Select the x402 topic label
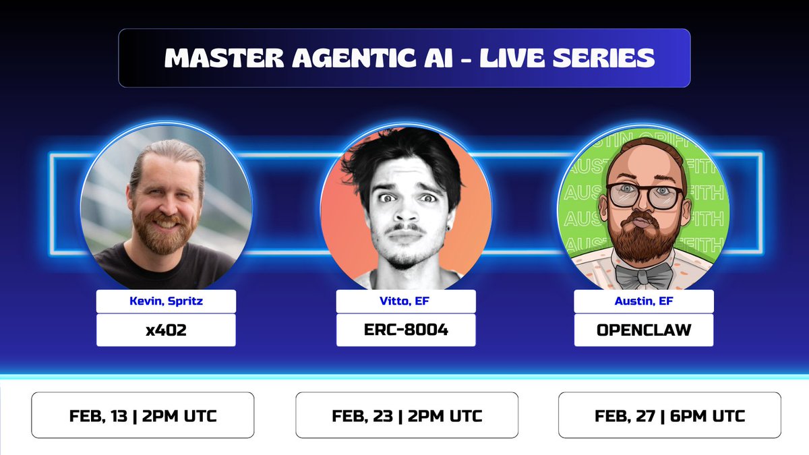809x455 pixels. click(x=166, y=330)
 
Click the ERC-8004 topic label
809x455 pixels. click(x=406, y=330)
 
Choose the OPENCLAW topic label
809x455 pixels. click(x=643, y=330)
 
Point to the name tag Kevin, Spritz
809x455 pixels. click(x=166, y=301)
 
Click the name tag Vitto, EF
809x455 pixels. click(x=406, y=301)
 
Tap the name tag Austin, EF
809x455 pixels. click(x=643, y=301)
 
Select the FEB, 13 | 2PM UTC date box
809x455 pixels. click(x=143, y=415)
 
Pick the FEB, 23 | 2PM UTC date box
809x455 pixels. click(x=407, y=415)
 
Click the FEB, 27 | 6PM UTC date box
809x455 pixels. click(x=669, y=415)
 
